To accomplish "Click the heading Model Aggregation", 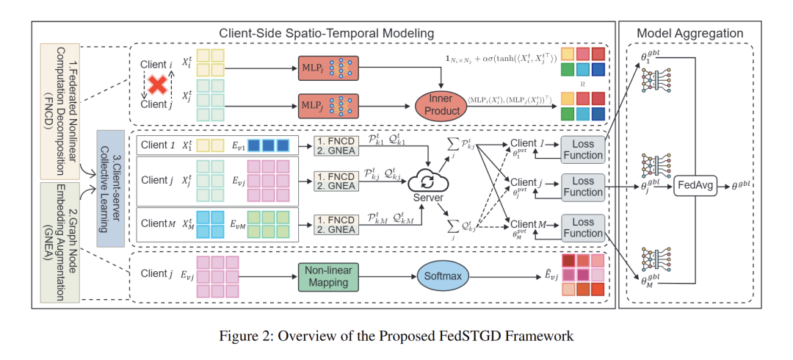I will pos(689,33).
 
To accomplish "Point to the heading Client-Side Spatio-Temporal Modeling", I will pos(327,33).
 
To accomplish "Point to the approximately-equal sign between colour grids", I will pos(584,84).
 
